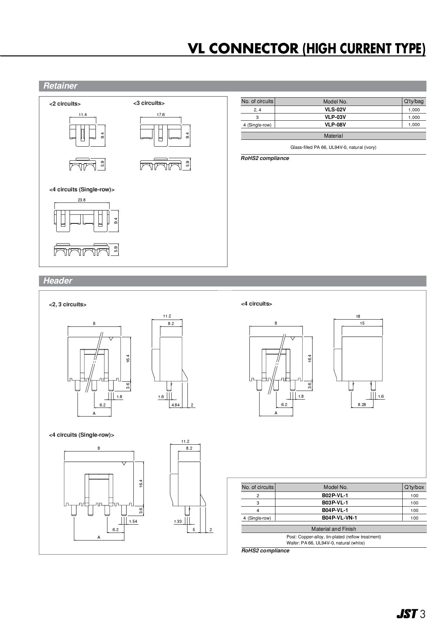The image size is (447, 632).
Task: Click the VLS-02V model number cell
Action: [335, 110]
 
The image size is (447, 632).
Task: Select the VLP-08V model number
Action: [335, 125]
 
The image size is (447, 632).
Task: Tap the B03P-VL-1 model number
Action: [335, 503]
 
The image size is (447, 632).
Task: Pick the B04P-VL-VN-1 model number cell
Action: [339, 518]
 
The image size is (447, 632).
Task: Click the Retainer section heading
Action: [60, 86]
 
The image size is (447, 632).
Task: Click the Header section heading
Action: [58, 281]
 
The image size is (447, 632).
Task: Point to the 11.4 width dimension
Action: [83, 115]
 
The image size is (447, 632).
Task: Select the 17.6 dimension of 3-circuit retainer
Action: [161, 115]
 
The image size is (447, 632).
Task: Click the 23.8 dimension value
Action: [81, 200]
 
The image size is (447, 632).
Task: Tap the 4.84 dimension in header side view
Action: [175, 405]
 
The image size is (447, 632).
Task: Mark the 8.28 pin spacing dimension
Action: [362, 405]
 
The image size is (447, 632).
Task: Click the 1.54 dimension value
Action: [133, 521]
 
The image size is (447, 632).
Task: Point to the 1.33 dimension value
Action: [178, 521]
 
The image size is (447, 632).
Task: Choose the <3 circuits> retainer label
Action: [149, 103]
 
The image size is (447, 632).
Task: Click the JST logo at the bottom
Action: [407, 614]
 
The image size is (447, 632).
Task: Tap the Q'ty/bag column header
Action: [414, 102]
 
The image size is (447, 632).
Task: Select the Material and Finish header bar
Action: [333, 529]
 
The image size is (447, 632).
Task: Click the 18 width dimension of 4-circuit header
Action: [358, 316]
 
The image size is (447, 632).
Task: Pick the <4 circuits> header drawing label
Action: [256, 304]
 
